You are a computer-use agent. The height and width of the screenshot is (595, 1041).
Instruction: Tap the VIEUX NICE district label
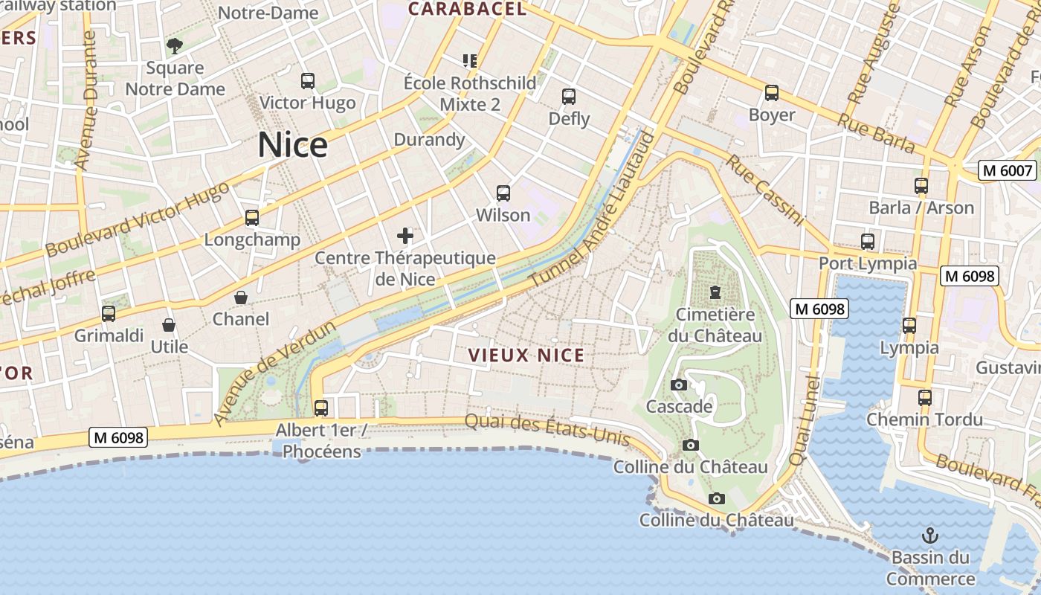(526, 356)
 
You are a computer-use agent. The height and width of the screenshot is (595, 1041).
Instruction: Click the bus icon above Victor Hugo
(307, 81)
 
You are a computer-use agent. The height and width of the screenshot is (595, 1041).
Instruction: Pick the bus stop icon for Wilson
(503, 193)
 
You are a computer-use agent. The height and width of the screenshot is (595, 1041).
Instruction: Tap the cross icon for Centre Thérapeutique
(405, 237)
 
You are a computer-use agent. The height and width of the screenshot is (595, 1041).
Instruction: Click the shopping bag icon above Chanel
(241, 297)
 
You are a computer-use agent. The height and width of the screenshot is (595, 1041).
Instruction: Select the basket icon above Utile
(169, 325)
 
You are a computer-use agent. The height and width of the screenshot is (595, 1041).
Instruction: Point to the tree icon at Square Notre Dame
(175, 46)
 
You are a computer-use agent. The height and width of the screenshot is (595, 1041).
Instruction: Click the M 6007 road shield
(1008, 170)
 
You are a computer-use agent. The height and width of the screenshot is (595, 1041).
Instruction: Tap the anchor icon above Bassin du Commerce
(929, 535)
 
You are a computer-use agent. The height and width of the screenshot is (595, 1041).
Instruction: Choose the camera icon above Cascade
(678, 385)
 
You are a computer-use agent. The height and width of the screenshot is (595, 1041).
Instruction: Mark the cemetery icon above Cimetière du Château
(715, 292)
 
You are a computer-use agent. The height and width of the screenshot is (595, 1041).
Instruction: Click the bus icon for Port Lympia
(868, 242)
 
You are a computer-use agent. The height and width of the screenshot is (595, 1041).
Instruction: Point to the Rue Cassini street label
(766, 190)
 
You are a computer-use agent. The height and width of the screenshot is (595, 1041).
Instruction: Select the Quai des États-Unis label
(547, 430)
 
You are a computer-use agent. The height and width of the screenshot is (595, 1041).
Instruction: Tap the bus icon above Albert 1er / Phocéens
(320, 408)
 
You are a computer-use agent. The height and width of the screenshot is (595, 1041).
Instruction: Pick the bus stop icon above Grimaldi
(109, 314)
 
